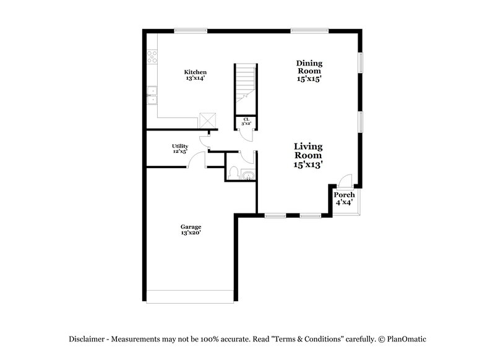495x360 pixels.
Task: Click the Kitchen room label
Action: click(195, 72)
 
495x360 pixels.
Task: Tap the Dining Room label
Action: click(309, 63)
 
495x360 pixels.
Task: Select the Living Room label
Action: click(309, 147)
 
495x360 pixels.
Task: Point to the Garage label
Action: click(191, 226)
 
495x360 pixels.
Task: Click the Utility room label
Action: click(180, 146)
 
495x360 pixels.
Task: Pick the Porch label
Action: click(345, 195)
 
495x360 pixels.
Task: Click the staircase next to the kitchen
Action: click(245, 83)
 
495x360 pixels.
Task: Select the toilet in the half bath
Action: click(234, 173)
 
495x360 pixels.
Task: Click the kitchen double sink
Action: click(152, 96)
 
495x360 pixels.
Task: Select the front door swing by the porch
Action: click(345, 181)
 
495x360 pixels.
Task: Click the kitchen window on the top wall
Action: click(190, 31)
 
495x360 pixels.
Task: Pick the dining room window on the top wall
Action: click(309, 31)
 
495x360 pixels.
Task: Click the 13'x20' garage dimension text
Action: click(191, 233)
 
